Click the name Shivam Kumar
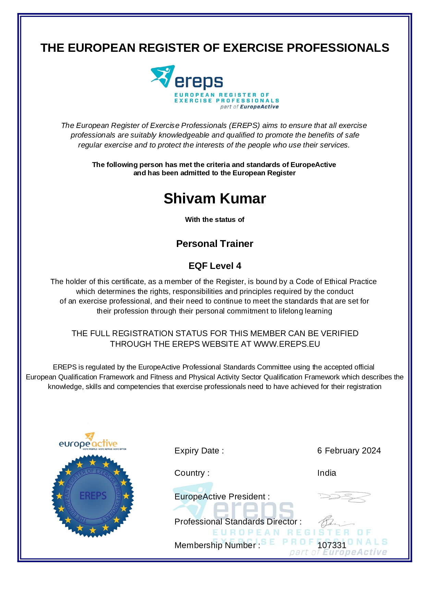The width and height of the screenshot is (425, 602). point(215,199)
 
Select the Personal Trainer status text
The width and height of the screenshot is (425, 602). point(215,244)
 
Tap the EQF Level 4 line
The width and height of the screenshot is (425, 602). point(215,266)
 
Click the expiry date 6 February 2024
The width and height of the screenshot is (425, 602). point(349,450)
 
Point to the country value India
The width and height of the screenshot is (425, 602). point(327,473)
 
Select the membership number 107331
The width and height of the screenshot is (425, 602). point(332,545)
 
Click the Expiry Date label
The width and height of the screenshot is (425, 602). point(199,451)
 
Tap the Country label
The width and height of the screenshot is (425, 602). point(192,473)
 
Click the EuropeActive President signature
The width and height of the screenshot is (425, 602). point(344,497)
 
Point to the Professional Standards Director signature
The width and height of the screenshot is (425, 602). point(334,522)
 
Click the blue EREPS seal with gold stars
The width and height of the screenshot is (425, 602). point(93,496)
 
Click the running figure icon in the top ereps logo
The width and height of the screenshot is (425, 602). point(163,76)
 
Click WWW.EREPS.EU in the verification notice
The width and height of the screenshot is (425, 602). point(287,344)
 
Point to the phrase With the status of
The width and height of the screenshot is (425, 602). point(215,220)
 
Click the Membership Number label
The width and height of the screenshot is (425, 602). point(217,545)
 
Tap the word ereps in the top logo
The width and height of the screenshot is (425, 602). point(199,82)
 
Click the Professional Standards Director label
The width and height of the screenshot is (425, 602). point(238,522)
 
